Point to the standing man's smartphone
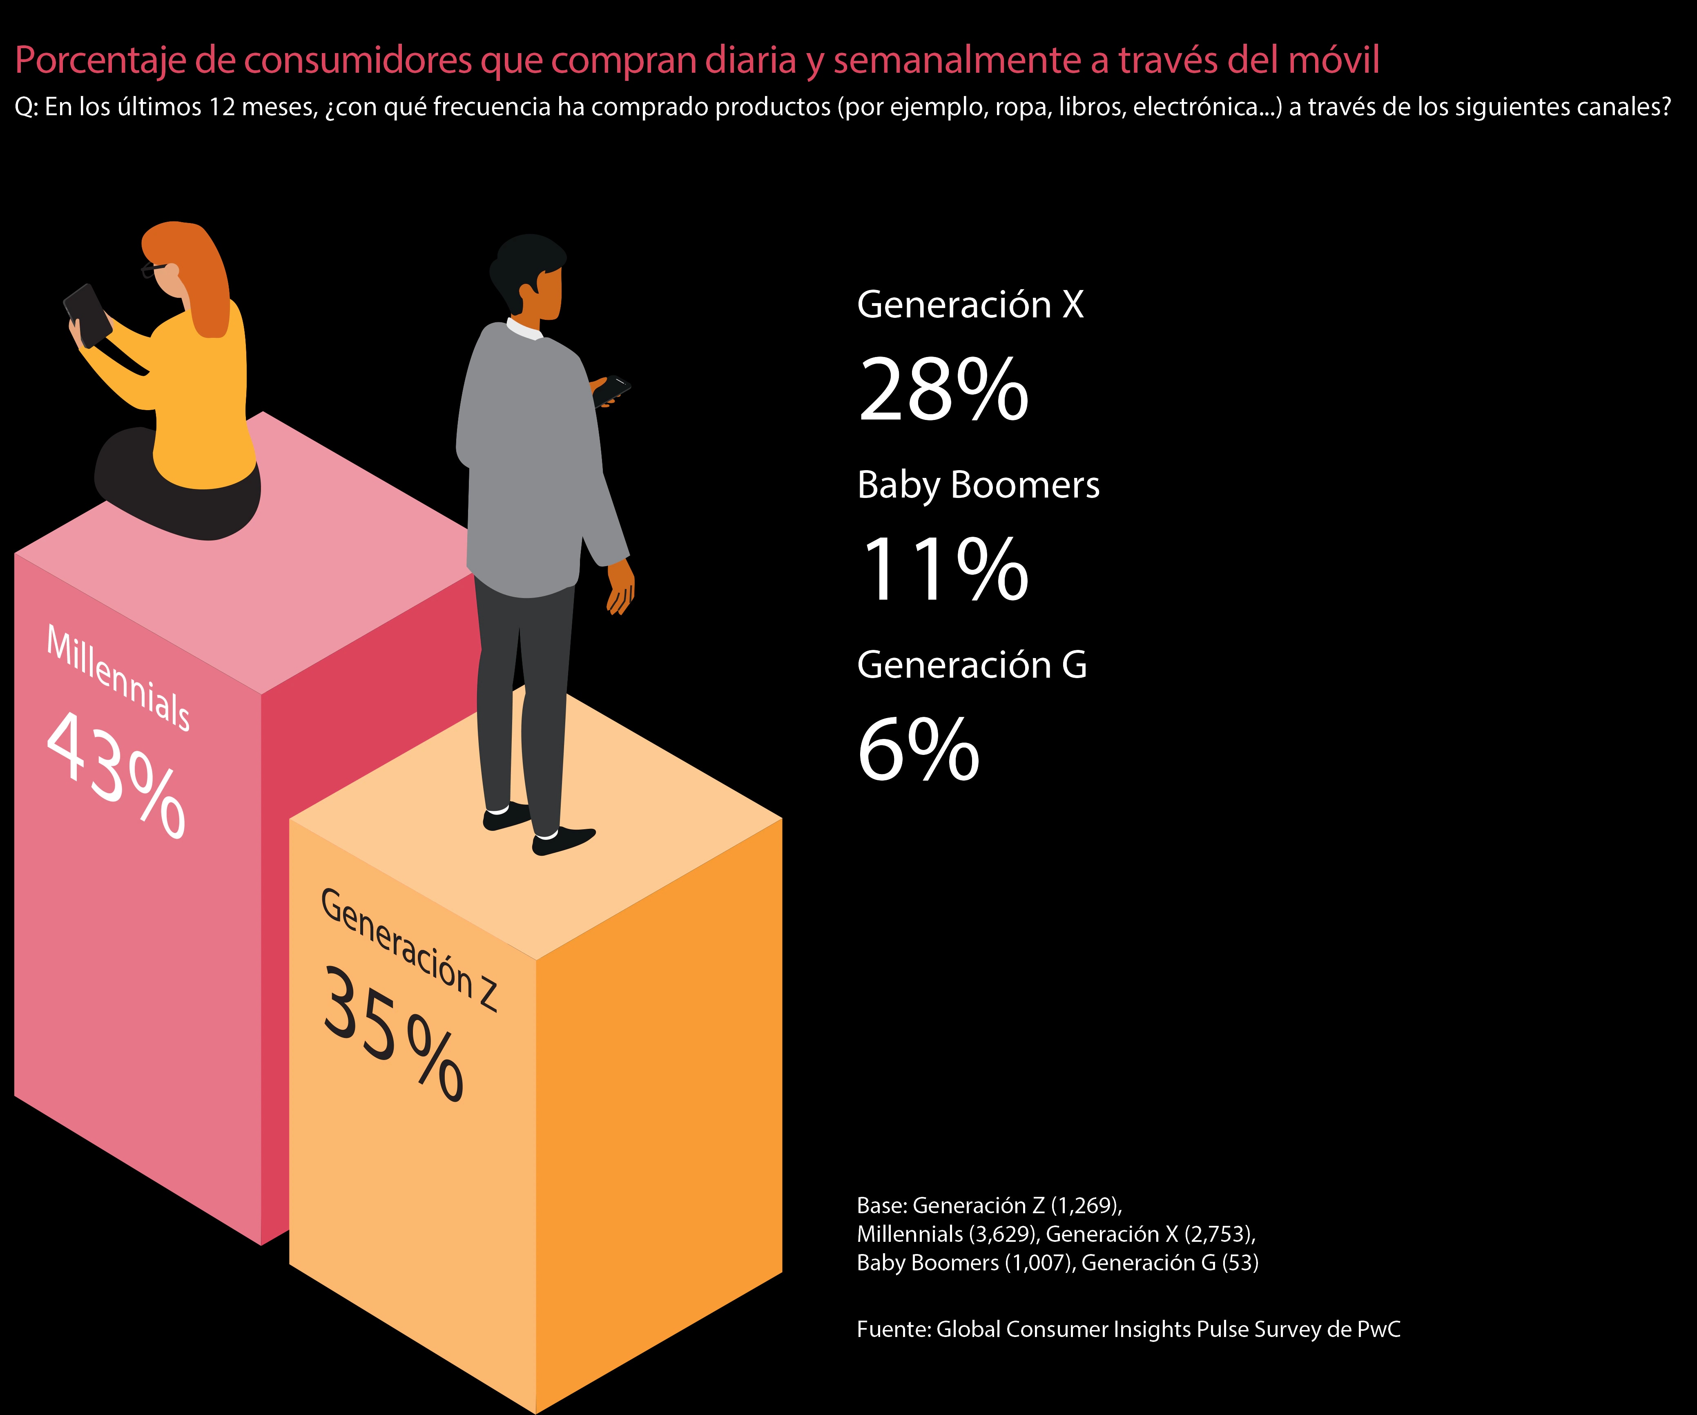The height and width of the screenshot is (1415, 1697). click(612, 390)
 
